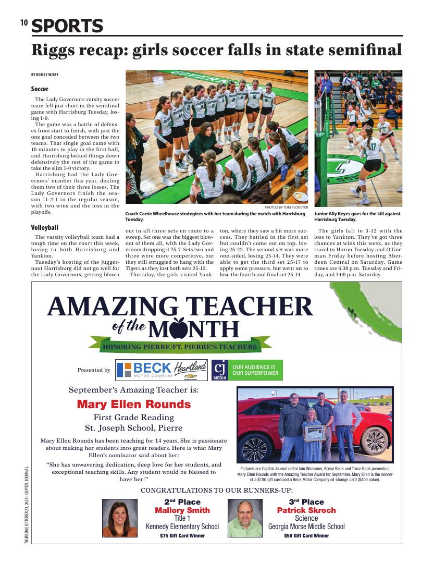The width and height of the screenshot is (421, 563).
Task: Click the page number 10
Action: point(23,22)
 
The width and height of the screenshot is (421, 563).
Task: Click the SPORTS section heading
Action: point(67,26)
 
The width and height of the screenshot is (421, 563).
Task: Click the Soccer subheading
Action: point(40,89)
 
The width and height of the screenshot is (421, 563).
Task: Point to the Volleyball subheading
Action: point(44,228)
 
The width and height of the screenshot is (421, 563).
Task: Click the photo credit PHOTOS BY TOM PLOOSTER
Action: point(287,207)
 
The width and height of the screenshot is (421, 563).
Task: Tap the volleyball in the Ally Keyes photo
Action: point(346,81)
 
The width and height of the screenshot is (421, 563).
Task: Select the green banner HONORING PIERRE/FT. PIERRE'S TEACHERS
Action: point(180,347)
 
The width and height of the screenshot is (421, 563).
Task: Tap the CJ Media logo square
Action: point(219,370)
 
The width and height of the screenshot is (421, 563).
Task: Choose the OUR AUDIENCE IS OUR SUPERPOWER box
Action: point(255,370)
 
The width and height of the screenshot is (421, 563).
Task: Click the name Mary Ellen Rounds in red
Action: point(133,404)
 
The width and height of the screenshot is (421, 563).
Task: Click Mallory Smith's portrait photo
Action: point(119,518)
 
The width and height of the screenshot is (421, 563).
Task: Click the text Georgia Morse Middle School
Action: point(306,527)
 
